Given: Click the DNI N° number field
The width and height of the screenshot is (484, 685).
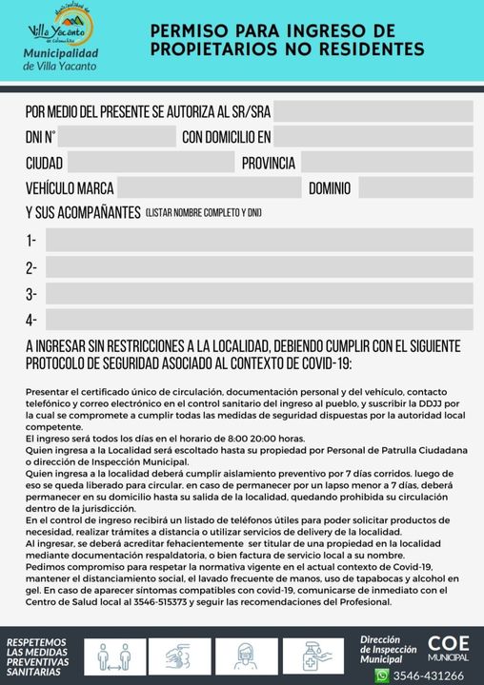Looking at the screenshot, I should pos(119,136).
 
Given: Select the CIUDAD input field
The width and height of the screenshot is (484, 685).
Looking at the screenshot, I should pos(151,162).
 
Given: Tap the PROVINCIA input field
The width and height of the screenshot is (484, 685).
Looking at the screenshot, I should pos(387,162).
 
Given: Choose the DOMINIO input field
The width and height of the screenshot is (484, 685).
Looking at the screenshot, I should pos(415,187).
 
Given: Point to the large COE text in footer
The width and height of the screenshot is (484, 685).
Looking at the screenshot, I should pos(448,643).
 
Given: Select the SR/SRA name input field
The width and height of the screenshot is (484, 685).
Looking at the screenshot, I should pos(373,110).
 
